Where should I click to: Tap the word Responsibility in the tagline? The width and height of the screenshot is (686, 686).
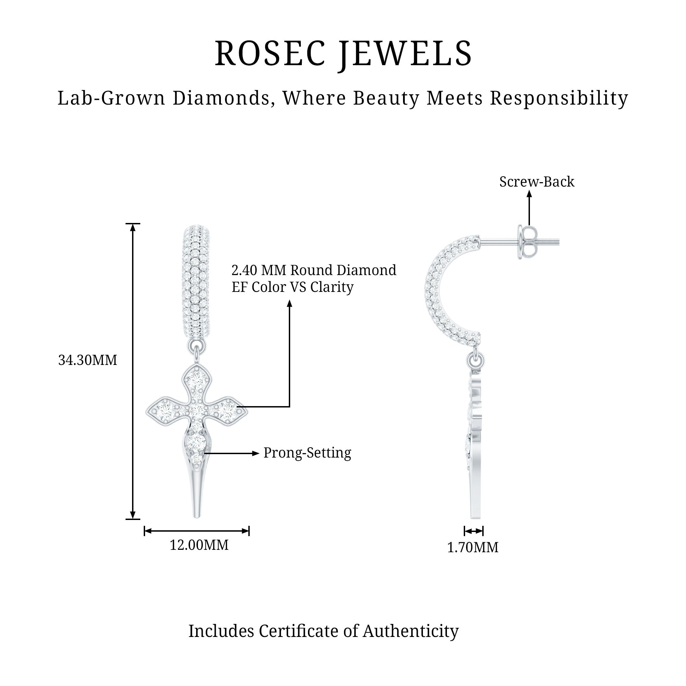coord(559,98)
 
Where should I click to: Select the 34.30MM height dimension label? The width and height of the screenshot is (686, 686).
coord(87,360)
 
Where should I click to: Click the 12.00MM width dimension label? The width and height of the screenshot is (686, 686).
coord(199,545)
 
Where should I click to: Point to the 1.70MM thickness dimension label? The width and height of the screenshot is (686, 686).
coord(472,547)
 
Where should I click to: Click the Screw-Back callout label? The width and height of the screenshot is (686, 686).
coord(536,182)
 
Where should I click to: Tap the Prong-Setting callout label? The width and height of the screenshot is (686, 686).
coord(307,453)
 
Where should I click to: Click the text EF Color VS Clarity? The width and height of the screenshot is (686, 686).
coord(292,287)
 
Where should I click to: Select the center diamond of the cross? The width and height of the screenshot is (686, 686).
coord(196,411)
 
